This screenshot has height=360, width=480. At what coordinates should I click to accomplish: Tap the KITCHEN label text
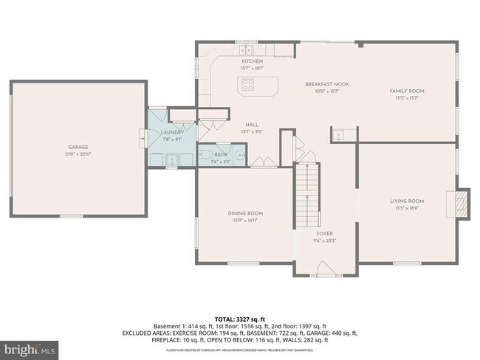click(252, 61)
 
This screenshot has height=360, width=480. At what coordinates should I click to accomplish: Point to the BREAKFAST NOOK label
click(327, 84)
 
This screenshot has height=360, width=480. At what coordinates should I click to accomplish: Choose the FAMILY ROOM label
click(407, 91)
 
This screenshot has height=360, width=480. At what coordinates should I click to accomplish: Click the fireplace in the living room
click(461, 201)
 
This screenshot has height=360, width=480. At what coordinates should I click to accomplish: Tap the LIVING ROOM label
click(407, 201)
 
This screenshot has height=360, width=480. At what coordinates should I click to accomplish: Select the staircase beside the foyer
click(307, 195)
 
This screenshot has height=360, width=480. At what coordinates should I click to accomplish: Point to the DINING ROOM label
click(245, 213)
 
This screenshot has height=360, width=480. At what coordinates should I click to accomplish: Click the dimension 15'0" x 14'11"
click(245, 220)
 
